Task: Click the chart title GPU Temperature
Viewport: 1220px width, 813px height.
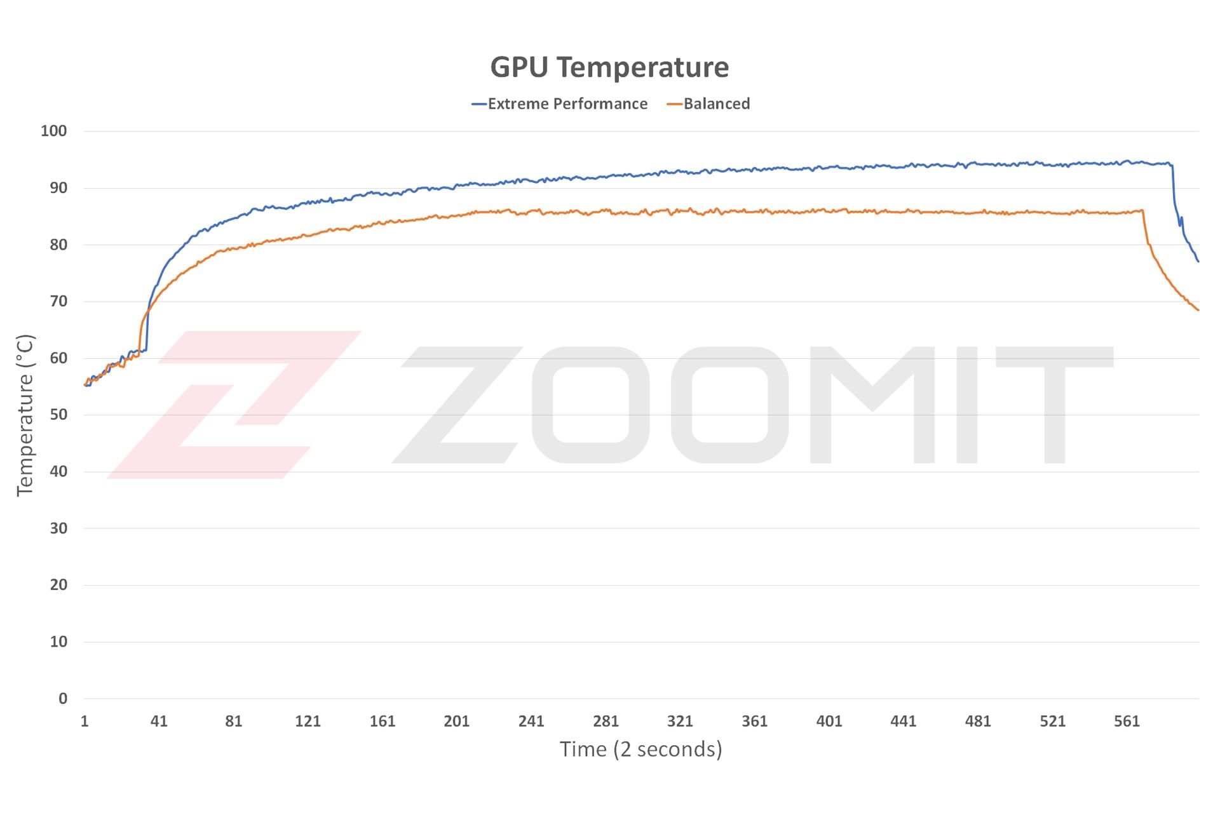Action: [x=609, y=67]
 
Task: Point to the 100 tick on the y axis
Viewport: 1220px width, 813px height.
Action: [x=54, y=131]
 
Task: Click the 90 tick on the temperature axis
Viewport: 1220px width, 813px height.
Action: [x=58, y=188]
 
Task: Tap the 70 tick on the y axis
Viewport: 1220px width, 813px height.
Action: [x=58, y=302]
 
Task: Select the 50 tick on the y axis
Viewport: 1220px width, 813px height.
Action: [x=58, y=415]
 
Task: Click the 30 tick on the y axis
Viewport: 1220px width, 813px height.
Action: [x=58, y=528]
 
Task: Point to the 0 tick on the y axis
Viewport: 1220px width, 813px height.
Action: [x=62, y=699]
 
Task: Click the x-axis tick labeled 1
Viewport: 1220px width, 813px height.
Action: [x=85, y=722]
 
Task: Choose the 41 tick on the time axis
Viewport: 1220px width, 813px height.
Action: [x=159, y=722]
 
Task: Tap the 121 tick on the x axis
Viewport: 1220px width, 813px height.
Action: [x=308, y=722]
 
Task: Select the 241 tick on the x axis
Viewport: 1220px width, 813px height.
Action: [x=531, y=722]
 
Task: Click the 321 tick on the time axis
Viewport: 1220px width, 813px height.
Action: [x=680, y=722]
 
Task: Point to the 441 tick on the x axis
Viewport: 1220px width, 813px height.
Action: [x=904, y=722]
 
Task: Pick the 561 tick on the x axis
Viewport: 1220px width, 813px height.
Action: [x=1127, y=722]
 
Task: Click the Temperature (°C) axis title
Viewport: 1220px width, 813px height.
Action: [x=25, y=415]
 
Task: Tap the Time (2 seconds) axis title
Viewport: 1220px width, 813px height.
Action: [x=640, y=749]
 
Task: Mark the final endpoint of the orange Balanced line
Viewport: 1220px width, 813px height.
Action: [x=1198, y=310]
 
